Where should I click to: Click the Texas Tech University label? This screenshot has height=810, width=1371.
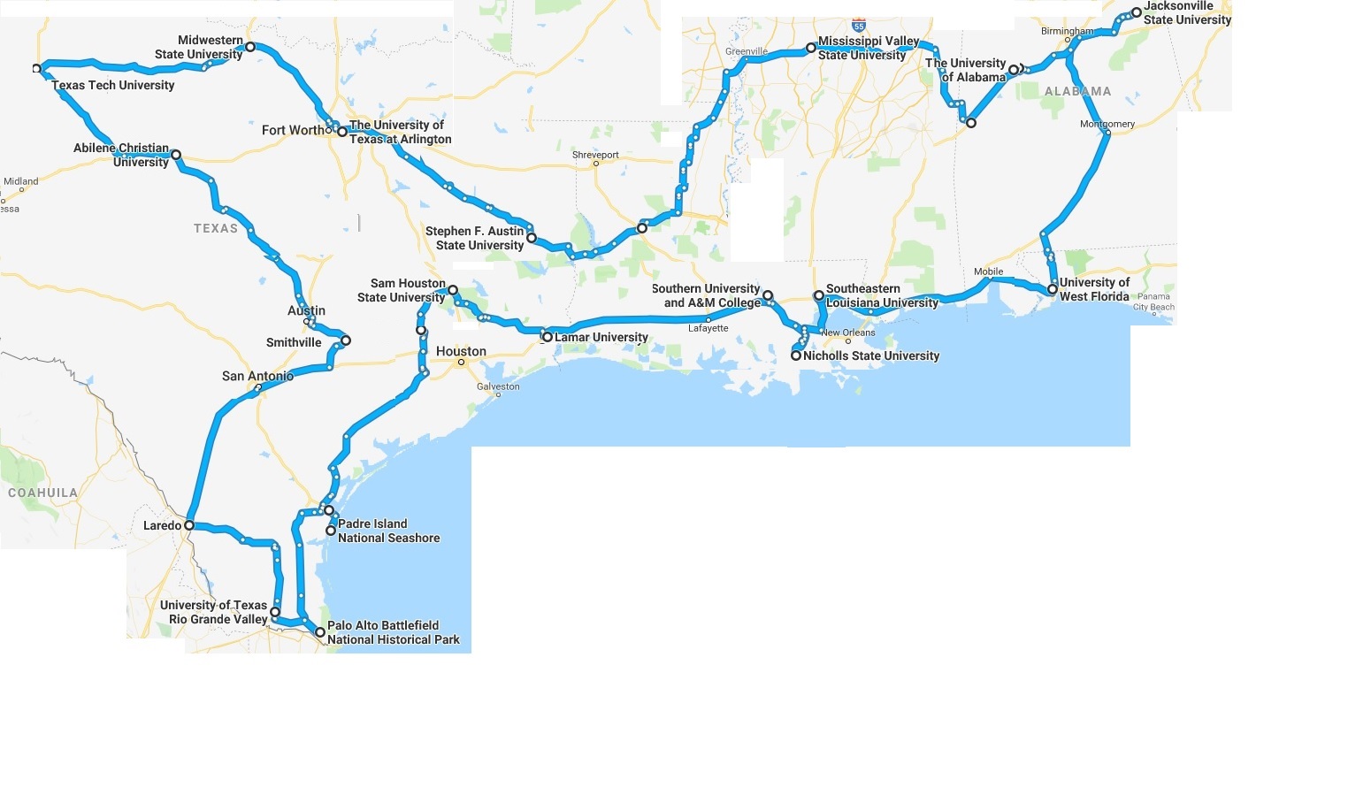pos(112,85)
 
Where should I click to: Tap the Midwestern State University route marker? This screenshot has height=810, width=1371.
pos(250,47)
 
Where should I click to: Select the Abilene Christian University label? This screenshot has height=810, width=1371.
pos(121,155)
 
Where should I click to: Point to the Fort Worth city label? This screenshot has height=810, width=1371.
pos(292,130)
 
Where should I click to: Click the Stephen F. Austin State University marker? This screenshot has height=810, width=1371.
pos(532,238)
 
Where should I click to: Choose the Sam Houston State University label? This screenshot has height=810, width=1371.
pos(402,290)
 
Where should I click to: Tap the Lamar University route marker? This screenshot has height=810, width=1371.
pos(548,337)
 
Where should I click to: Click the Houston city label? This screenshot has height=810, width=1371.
pos(461,351)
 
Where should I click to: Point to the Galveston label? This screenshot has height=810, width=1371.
pos(498,386)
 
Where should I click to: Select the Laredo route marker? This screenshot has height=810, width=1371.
pos(189,525)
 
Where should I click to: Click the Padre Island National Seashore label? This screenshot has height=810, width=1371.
pos(388,531)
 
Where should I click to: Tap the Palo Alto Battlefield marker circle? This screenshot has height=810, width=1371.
pos(320,632)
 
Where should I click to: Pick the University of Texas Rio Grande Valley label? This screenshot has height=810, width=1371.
pos(214,612)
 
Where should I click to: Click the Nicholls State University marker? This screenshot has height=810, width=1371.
pos(796,355)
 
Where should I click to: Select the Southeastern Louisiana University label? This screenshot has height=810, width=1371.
pos(881,295)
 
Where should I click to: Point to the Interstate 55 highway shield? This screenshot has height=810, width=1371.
pos(859,27)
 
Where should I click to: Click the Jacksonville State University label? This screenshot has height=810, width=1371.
pos(1187,12)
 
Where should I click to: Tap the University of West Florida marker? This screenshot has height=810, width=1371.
pos(1053,289)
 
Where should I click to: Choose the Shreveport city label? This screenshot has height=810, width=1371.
pos(595,155)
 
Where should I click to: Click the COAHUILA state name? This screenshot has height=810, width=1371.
pos(42,493)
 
